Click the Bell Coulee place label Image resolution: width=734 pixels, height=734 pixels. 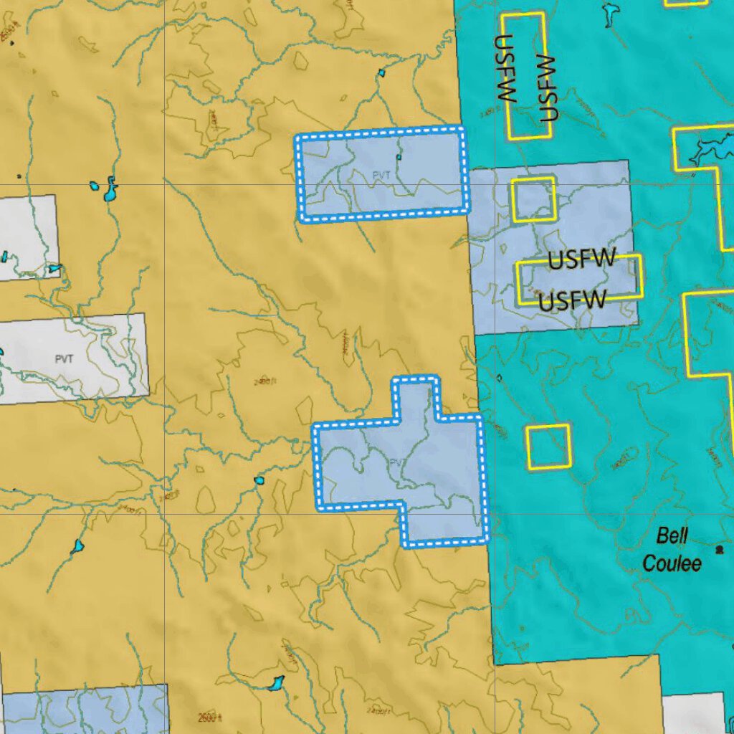(671, 549)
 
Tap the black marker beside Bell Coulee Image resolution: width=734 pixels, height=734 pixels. (719, 550)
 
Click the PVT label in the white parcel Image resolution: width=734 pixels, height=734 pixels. (64, 358)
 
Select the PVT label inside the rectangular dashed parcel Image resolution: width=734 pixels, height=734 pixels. (382, 174)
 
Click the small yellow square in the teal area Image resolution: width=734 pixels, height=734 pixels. (548, 446)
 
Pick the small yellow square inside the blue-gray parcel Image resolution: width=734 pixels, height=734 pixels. (533, 199)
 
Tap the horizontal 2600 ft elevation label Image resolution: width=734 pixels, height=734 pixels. (210, 718)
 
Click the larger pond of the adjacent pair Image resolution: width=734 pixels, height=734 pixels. (110, 190)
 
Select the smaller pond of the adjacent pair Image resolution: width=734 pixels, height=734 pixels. (94, 186)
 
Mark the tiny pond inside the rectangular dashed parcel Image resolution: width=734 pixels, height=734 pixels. (399, 157)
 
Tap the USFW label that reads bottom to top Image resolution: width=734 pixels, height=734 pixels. (548, 87)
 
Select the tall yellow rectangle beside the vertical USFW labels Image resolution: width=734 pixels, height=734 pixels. (525, 75)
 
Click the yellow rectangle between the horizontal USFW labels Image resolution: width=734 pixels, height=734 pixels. (578, 279)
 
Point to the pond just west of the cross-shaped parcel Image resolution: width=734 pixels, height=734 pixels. (259, 480)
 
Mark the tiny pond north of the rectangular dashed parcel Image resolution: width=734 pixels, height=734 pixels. (381, 72)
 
